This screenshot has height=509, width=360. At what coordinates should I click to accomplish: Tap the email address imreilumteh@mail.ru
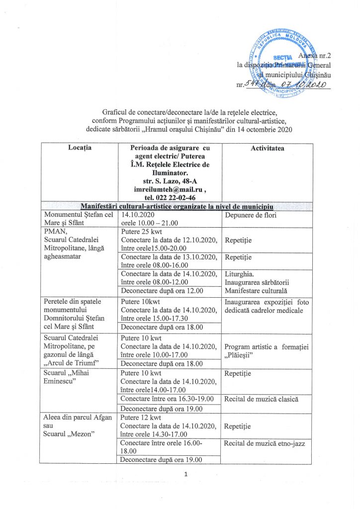[x=170, y=190]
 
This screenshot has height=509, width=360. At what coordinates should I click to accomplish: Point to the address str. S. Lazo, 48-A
[x=170, y=182]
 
